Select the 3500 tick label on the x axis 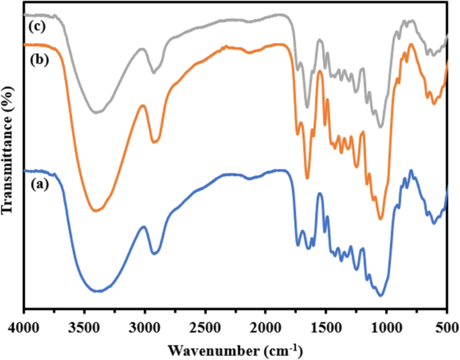point(84,328)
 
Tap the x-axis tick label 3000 point(144,328)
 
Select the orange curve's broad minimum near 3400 point(96,211)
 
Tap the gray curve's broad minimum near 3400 point(96,112)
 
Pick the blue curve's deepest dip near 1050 point(381,295)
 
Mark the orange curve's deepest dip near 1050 point(381,218)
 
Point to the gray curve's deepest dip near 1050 point(381,126)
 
